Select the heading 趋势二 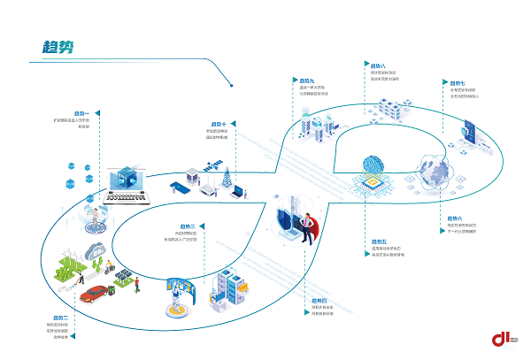(x=60, y=317)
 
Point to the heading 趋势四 (x=319, y=300)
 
